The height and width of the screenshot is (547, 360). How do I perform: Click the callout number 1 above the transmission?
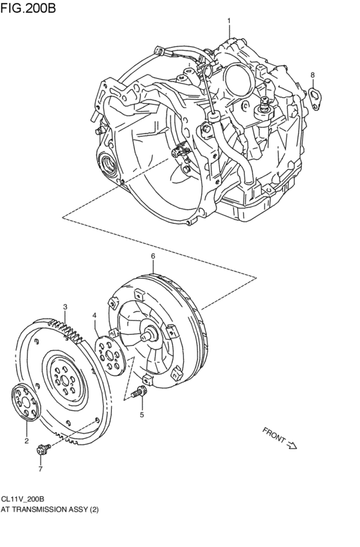tap(229, 21)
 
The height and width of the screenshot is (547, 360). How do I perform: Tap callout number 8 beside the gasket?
tap(312, 75)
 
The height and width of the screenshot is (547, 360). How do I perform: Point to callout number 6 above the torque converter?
tap(153, 256)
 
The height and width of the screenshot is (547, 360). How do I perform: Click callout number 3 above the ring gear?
tap(65, 307)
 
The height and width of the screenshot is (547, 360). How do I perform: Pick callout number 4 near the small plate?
tap(94, 316)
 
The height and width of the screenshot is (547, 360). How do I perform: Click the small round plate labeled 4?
tap(110, 355)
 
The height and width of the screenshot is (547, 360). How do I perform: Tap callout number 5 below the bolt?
tap(142, 415)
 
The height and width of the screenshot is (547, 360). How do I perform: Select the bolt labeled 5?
tap(139, 393)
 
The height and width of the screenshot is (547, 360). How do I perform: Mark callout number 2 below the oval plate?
tap(26, 441)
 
